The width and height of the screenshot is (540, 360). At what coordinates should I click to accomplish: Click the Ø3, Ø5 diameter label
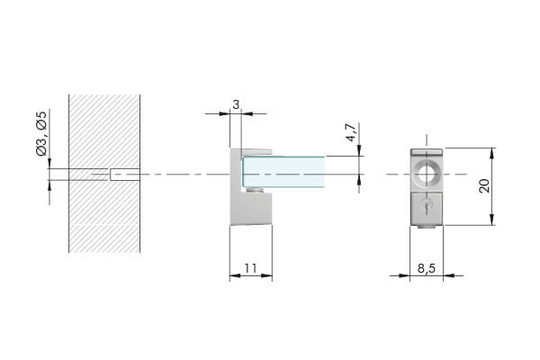(41, 134)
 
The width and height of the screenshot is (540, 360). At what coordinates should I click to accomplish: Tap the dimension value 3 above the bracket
(236, 104)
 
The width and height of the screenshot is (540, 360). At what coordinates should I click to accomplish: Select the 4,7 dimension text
(351, 132)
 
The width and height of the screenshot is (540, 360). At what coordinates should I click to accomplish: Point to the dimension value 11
(251, 268)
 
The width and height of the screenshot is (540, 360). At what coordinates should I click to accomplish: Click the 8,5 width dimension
(427, 268)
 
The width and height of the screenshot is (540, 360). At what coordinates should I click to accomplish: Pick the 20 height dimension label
(484, 186)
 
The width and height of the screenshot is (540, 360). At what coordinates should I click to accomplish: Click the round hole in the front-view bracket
(427, 175)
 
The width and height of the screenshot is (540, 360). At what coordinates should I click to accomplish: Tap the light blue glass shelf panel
(283, 172)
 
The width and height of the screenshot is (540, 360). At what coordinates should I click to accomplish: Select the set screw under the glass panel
(256, 190)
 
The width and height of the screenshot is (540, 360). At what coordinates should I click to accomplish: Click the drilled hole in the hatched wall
(125, 175)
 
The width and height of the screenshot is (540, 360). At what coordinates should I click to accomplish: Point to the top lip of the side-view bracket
(256, 151)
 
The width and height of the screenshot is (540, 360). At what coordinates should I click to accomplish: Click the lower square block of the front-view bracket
(427, 208)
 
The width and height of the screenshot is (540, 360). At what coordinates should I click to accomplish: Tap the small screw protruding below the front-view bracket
(427, 227)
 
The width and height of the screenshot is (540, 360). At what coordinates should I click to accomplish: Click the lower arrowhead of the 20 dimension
(491, 220)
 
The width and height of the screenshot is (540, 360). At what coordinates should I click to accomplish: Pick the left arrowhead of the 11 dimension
(235, 275)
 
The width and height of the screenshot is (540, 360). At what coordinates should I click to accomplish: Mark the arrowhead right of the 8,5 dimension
(448, 275)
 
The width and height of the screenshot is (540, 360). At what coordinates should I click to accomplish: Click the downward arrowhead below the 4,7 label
(359, 151)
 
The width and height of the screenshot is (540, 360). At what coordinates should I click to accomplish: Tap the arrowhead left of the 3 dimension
(224, 113)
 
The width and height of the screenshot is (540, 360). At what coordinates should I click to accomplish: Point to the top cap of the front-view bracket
(427, 151)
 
